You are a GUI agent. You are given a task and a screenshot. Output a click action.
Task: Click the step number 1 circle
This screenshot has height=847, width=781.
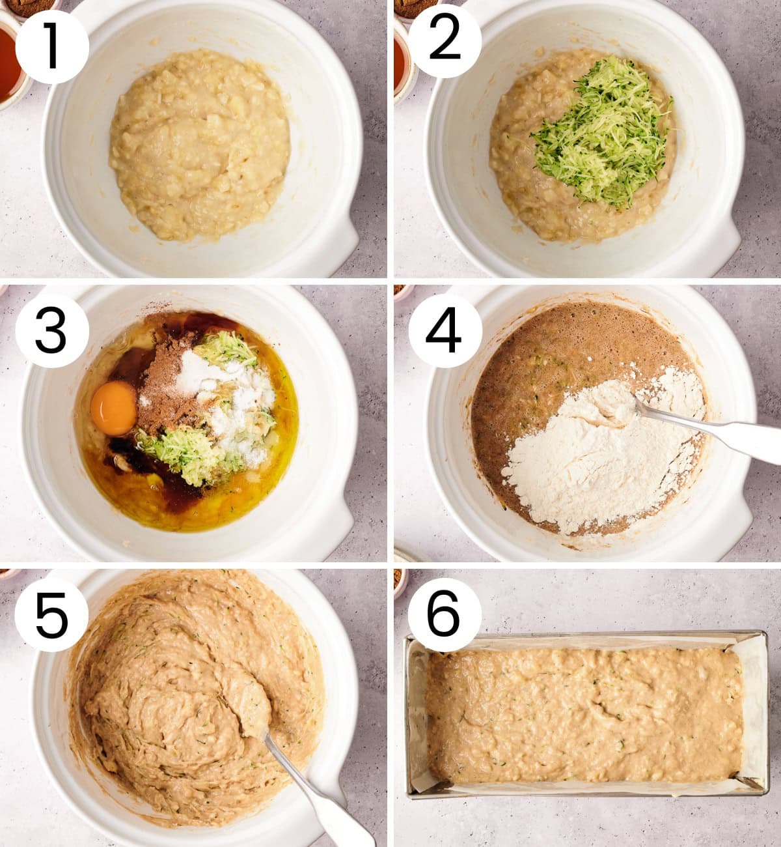click(x=52, y=46)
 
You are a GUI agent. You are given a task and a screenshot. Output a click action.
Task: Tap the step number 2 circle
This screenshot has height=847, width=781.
click(x=445, y=41)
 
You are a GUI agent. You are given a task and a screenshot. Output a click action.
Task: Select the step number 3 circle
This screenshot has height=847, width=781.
click(x=52, y=331)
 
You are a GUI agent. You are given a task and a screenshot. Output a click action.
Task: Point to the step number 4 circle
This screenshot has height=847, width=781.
click(x=445, y=331)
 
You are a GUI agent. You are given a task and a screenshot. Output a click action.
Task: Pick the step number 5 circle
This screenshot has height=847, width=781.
click(x=51, y=614)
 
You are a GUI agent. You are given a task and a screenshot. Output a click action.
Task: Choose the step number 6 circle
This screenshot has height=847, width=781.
click(x=445, y=616)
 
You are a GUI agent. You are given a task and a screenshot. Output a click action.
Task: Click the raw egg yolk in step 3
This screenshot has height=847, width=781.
click(x=114, y=408)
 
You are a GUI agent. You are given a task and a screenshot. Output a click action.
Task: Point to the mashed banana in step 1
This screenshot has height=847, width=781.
click(x=199, y=145)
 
